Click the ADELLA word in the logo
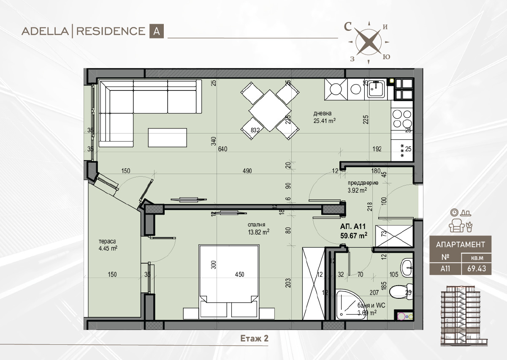[x=45, y=31]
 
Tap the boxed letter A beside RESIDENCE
[x=156, y=31]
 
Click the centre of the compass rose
[x=369, y=42]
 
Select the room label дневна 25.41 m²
[x=324, y=117]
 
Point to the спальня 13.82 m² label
[x=258, y=228]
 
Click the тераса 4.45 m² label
[x=108, y=245]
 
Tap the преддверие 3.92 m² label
[x=363, y=186]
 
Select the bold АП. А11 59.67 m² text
[x=353, y=231]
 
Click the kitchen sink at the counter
[x=376, y=89]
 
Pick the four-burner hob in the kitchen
[x=402, y=118]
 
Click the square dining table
[x=270, y=111]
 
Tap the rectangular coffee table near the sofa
[x=168, y=137]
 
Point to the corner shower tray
[x=349, y=304]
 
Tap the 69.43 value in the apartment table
[x=477, y=269]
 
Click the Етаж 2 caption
[x=254, y=338]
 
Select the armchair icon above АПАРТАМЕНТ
[x=457, y=226]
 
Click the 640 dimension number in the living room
[x=223, y=149]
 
